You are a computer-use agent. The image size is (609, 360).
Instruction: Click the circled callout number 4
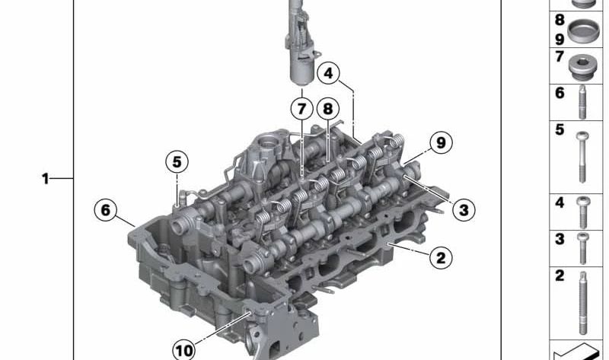tap(328, 73)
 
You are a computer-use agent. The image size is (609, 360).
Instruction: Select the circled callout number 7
tap(301, 109)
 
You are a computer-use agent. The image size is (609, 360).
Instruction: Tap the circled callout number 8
tap(328, 109)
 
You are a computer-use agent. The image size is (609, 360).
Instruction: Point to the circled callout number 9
tap(441, 142)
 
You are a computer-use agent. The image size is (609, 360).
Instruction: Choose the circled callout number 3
tap(464, 210)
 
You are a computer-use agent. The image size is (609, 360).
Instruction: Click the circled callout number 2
tap(441, 257)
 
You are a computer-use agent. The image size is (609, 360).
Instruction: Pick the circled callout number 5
tap(177, 161)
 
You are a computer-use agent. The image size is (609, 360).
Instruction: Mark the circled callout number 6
tap(106, 210)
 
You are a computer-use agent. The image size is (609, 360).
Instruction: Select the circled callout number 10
tap(183, 350)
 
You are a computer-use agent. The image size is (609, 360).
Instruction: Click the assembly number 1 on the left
tap(46, 179)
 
